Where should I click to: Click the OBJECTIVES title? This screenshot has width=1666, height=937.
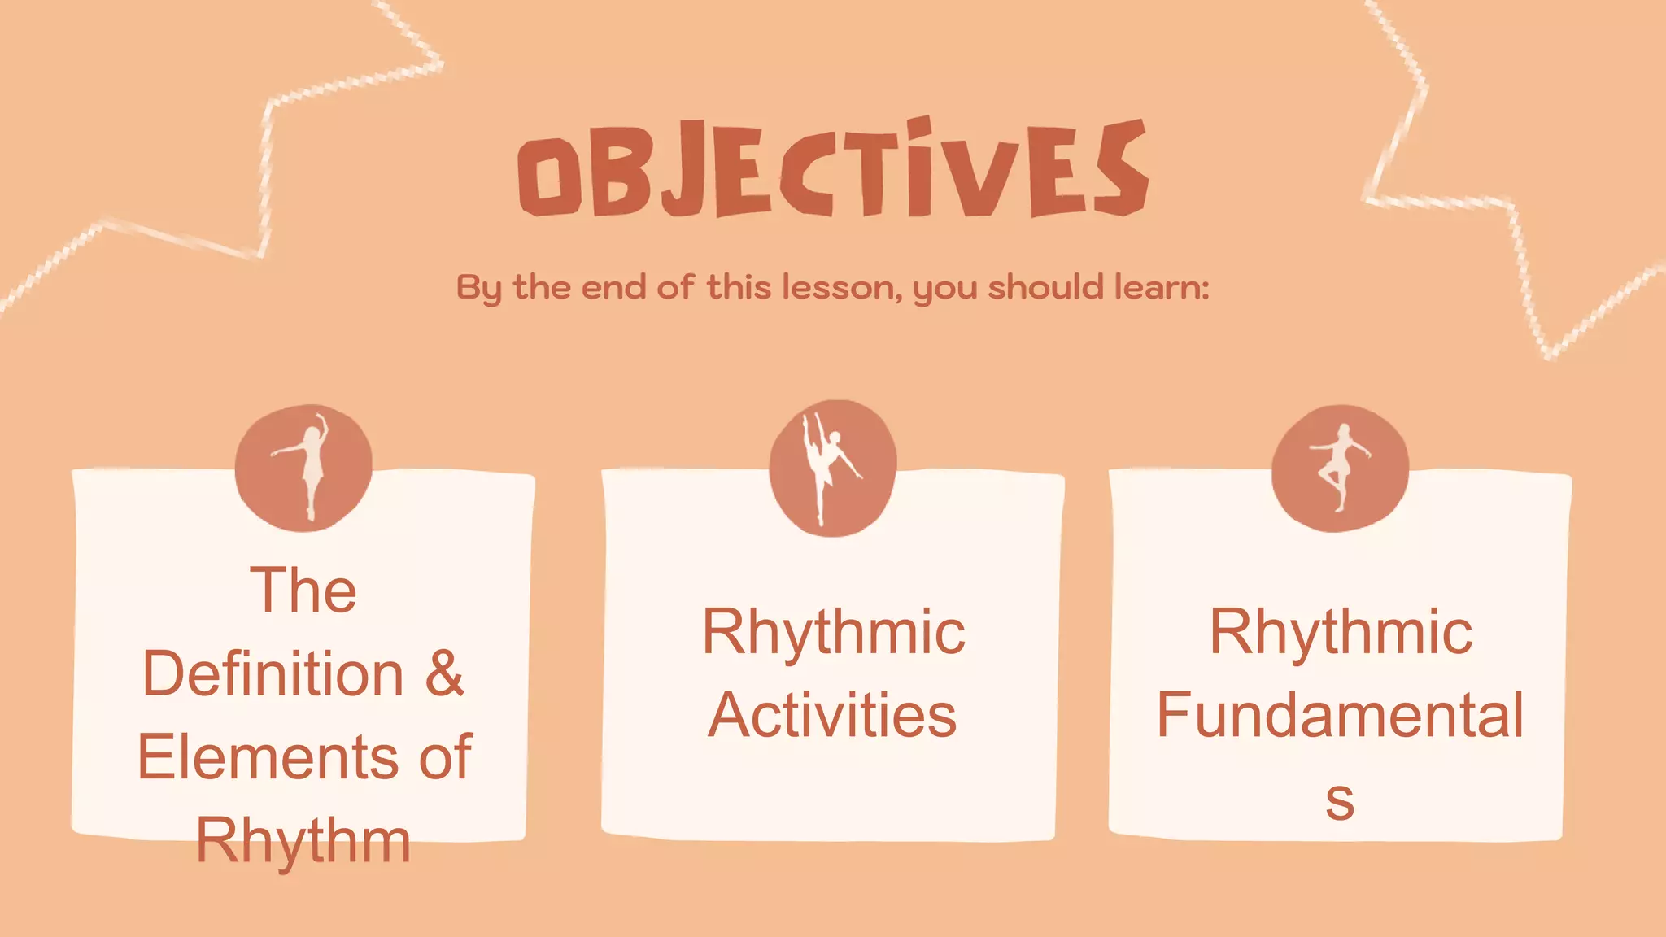click(x=833, y=169)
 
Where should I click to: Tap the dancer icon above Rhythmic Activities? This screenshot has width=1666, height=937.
click(x=833, y=468)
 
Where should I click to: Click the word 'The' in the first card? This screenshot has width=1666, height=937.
click(x=303, y=591)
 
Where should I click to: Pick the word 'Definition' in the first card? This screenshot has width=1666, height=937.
click(x=273, y=673)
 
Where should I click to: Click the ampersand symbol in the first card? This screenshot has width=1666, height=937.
click(x=444, y=673)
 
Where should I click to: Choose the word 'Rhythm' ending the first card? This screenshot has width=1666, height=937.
click(x=303, y=841)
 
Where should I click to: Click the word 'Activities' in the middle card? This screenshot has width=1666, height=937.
click(x=832, y=715)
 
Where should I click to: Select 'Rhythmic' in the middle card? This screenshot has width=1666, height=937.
click(x=833, y=632)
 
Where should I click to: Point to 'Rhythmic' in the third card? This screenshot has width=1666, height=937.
click(x=1340, y=632)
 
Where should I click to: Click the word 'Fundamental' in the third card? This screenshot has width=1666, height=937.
click(x=1340, y=715)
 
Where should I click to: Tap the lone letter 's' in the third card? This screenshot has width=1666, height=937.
click(x=1339, y=800)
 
